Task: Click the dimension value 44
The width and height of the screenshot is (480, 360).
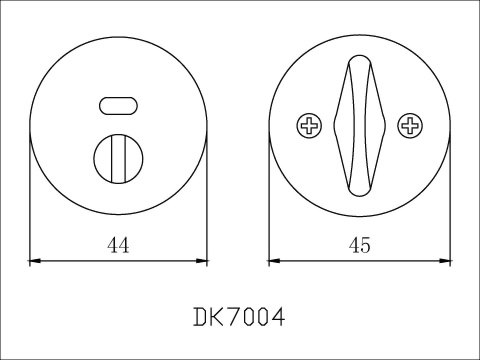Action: pos(118,246)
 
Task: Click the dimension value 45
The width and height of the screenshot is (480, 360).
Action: pos(360,246)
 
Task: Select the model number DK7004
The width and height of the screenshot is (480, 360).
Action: pos(239,317)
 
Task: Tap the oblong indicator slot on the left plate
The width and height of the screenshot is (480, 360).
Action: pos(118,106)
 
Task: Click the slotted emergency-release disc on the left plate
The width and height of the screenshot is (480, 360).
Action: pos(118,159)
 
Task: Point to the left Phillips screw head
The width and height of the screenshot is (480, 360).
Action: pos(309,126)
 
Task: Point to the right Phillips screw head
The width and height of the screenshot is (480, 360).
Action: pos(410,126)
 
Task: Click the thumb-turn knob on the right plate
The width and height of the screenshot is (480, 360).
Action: pos(360,126)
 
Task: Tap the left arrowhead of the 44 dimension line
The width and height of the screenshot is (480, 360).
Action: pos(35,261)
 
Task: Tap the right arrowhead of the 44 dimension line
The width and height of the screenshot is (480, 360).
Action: pos(202,261)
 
